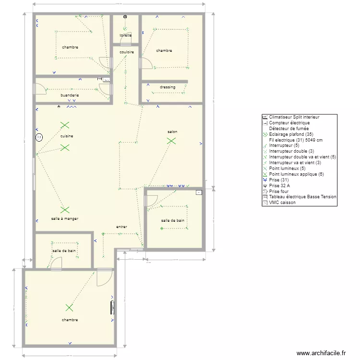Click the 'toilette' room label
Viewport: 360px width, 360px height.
(126, 36)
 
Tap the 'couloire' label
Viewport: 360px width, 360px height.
(127, 52)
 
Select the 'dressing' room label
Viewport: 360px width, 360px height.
(168, 87)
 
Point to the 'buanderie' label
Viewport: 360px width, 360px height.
(70, 96)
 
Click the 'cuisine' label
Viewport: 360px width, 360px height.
(67, 136)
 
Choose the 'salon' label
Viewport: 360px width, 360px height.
(172, 132)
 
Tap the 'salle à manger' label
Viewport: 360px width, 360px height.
(64, 218)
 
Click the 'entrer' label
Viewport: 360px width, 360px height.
(122, 226)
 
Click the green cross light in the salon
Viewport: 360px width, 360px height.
(171, 141)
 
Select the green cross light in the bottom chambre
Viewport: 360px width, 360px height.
(70, 308)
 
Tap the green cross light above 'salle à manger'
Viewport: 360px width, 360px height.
(65, 210)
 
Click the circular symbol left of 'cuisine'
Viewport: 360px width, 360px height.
(39, 137)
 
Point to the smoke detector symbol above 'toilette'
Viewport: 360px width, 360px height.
(125, 17)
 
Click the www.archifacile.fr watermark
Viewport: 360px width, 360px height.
(321, 353)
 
